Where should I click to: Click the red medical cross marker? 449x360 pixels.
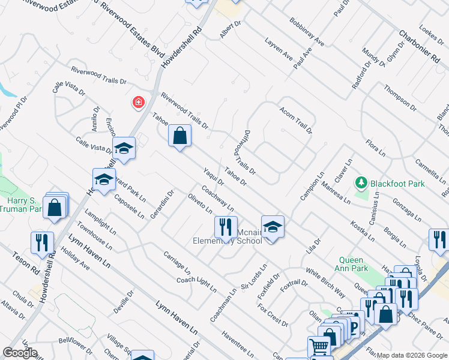click(x=139, y=103)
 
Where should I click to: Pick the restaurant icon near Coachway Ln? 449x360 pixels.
click(x=225, y=226)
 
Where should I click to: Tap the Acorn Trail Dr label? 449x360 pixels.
click(x=296, y=120)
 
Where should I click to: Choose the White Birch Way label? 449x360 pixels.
click(x=325, y=283)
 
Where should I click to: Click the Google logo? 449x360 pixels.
click(x=20, y=353)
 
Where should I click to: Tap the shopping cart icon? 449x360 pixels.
click(x=318, y=347)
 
